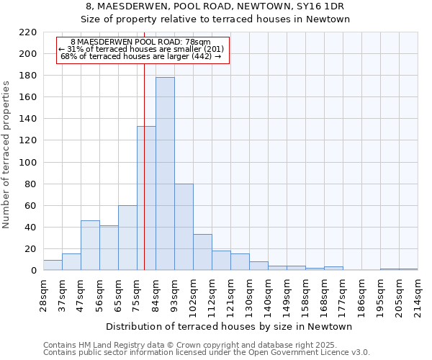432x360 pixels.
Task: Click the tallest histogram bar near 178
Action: pos(165,174)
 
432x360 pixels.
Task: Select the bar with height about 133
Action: pos(146,198)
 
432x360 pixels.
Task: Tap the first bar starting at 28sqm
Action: pos(53,265)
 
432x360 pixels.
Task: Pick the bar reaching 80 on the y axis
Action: pos(184,227)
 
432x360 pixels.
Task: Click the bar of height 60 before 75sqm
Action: pos(127,238)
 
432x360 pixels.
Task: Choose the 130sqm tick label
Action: pos(250,295)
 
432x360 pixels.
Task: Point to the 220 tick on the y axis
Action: pos(28,32)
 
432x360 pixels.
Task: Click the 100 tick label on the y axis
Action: pos(28,163)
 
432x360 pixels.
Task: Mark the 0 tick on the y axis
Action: pos(34,271)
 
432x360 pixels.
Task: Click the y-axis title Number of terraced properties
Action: pos(7,154)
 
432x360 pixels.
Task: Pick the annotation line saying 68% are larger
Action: pos(141,56)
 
